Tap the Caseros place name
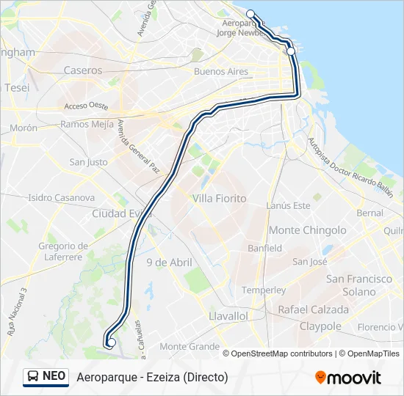pyautogui.click(x=83, y=70)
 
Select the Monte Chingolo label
pyautogui.click(x=307, y=230)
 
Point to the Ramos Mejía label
pyautogui.click(x=87, y=124)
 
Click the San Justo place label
pyautogui.click(x=88, y=162)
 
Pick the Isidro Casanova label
pyautogui.click(x=61, y=197)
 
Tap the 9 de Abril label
pyautogui.click(x=169, y=263)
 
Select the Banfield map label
pyautogui.click(x=264, y=248)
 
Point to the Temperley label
pyautogui.click(x=264, y=290)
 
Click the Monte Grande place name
pyautogui.click(x=190, y=346)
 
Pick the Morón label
pyautogui.click(x=24, y=128)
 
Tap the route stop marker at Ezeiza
pyautogui.click(x=112, y=342)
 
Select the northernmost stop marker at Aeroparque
pyautogui.click(x=250, y=14)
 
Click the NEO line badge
pyautogui.click(x=46, y=376)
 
